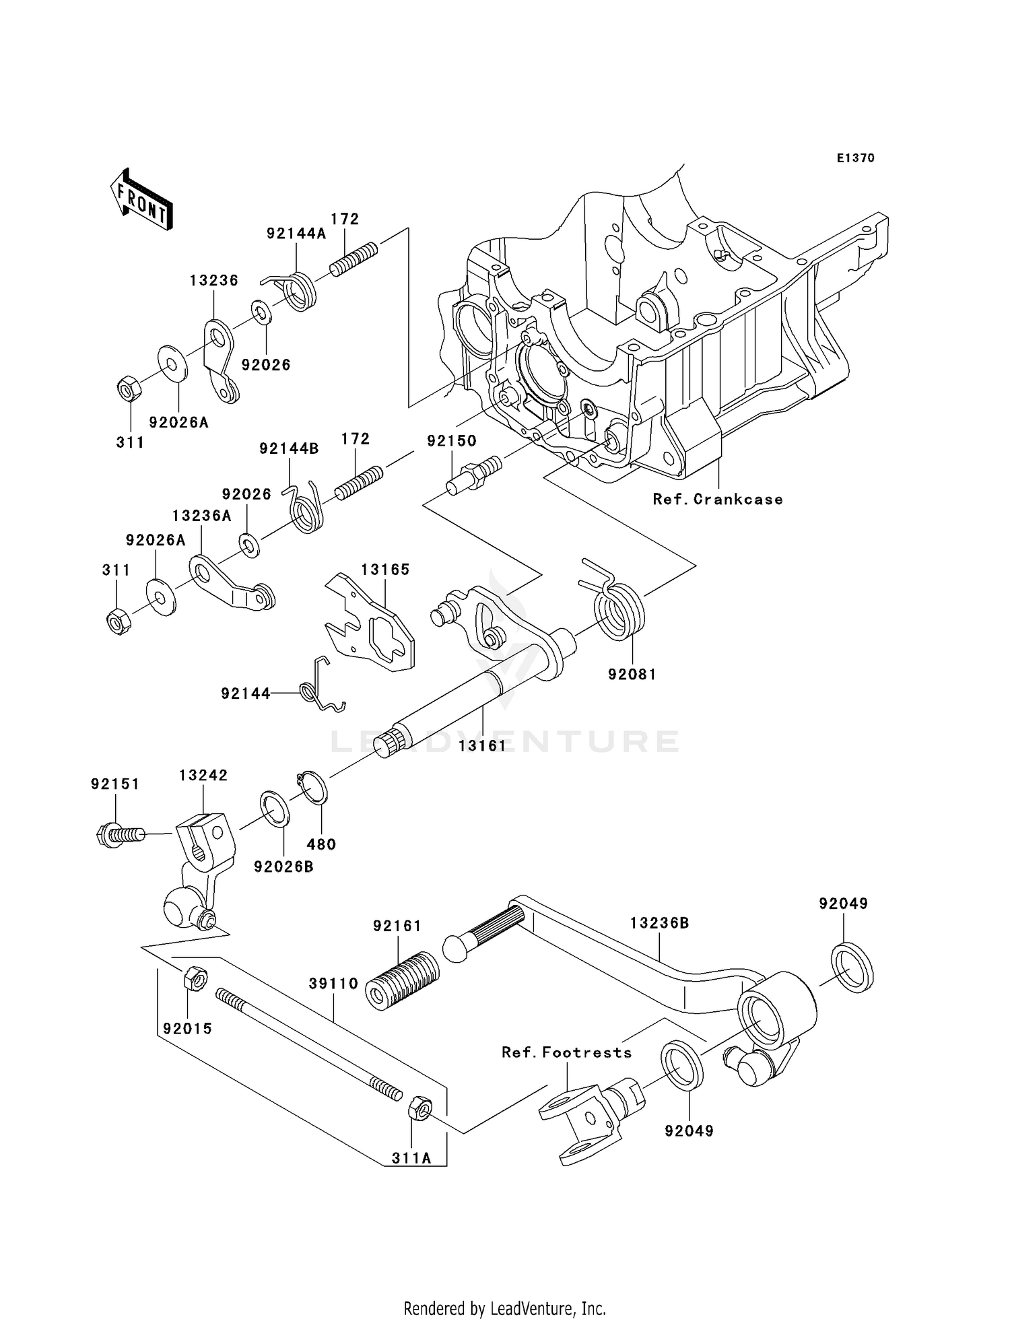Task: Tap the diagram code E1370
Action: coord(855,158)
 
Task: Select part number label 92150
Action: coord(451,441)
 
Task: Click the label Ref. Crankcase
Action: coord(718,500)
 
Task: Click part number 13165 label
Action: coord(384,570)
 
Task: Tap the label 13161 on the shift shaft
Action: coord(482,746)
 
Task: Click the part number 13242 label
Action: coord(203,776)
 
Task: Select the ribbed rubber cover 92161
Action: coord(402,980)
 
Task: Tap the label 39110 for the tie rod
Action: coord(333,984)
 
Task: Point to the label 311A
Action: coord(411,1159)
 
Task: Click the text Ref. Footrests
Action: coord(566,1052)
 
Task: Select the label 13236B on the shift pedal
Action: coord(659,923)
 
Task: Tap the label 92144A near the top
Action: coord(296,234)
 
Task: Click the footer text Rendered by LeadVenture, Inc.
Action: coord(504,1308)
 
